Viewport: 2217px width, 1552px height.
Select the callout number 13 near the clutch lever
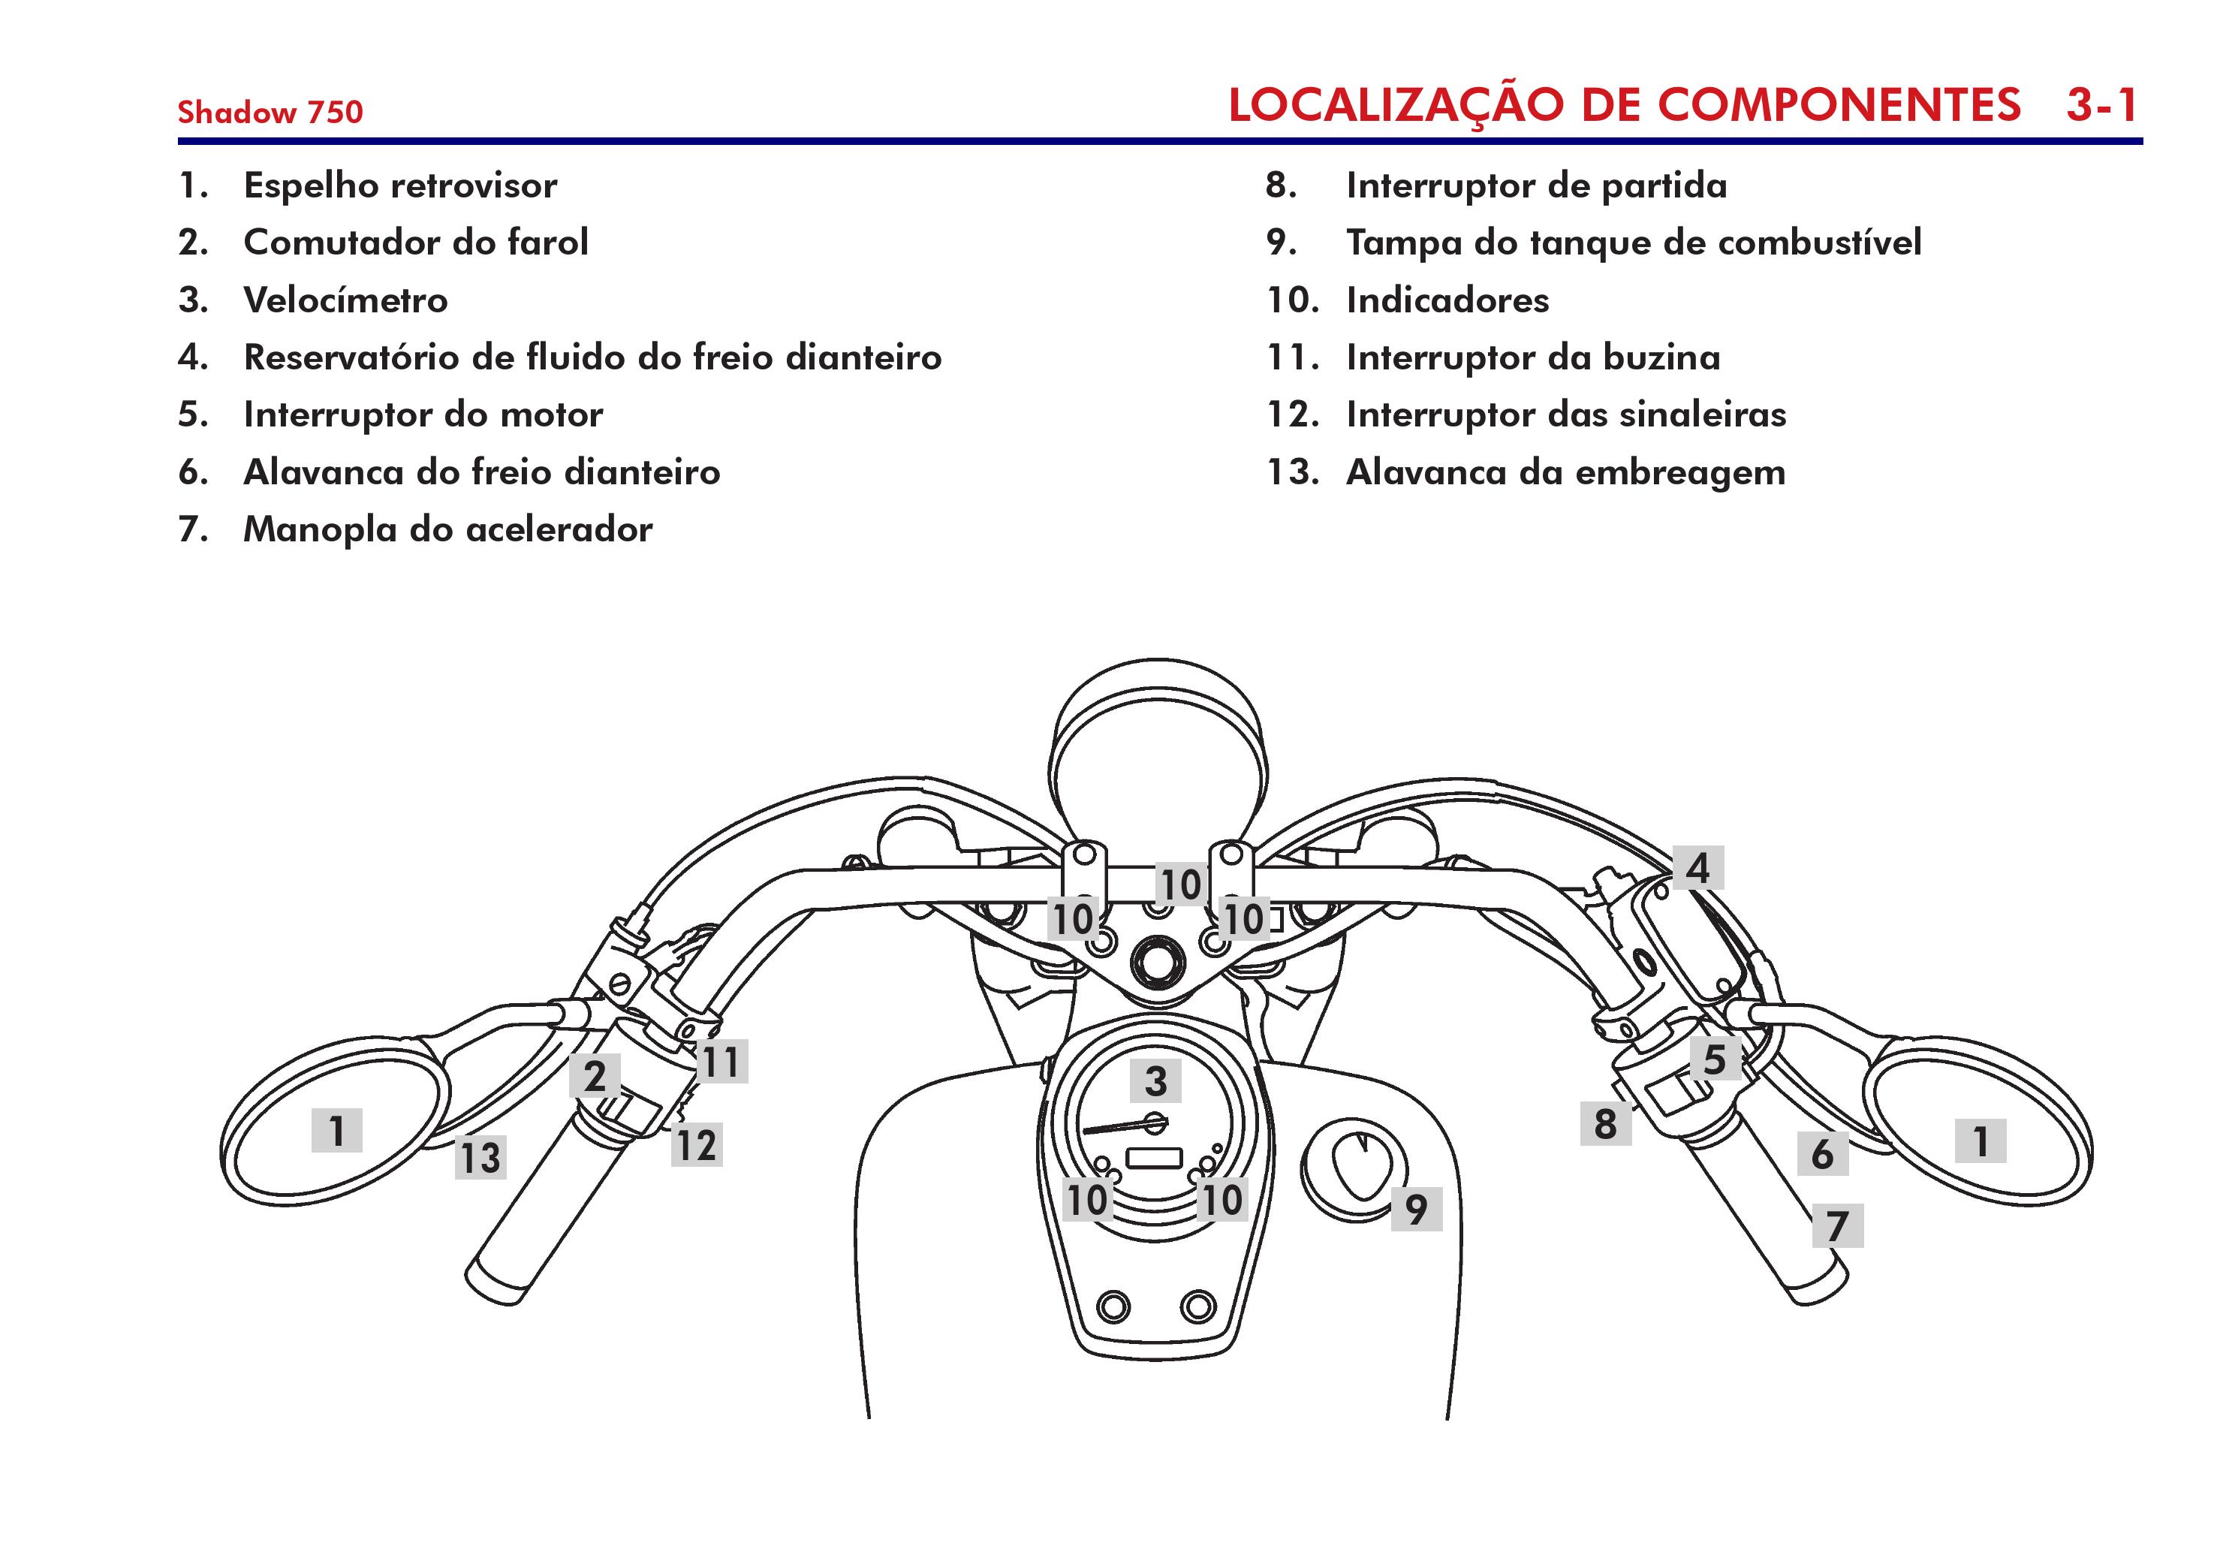pyautogui.click(x=480, y=1157)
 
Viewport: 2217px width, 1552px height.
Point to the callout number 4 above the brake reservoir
pyautogui.click(x=1697, y=867)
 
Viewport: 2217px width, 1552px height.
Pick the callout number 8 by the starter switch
pyautogui.click(x=1605, y=1123)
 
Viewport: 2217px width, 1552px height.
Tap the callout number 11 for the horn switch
pyautogui.click(x=720, y=1062)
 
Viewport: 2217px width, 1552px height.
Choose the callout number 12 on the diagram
pyautogui.click(x=696, y=1145)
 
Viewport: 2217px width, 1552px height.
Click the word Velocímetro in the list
pyautogui.click(x=345, y=300)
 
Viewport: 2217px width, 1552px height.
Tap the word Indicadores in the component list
pyautogui.click(x=1447, y=300)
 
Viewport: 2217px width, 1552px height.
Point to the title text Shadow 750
pyautogui.click(x=270, y=112)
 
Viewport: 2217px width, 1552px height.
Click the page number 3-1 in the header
pyautogui.click(x=2102, y=105)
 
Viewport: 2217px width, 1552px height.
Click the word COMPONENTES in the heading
pyautogui.click(x=1839, y=105)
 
